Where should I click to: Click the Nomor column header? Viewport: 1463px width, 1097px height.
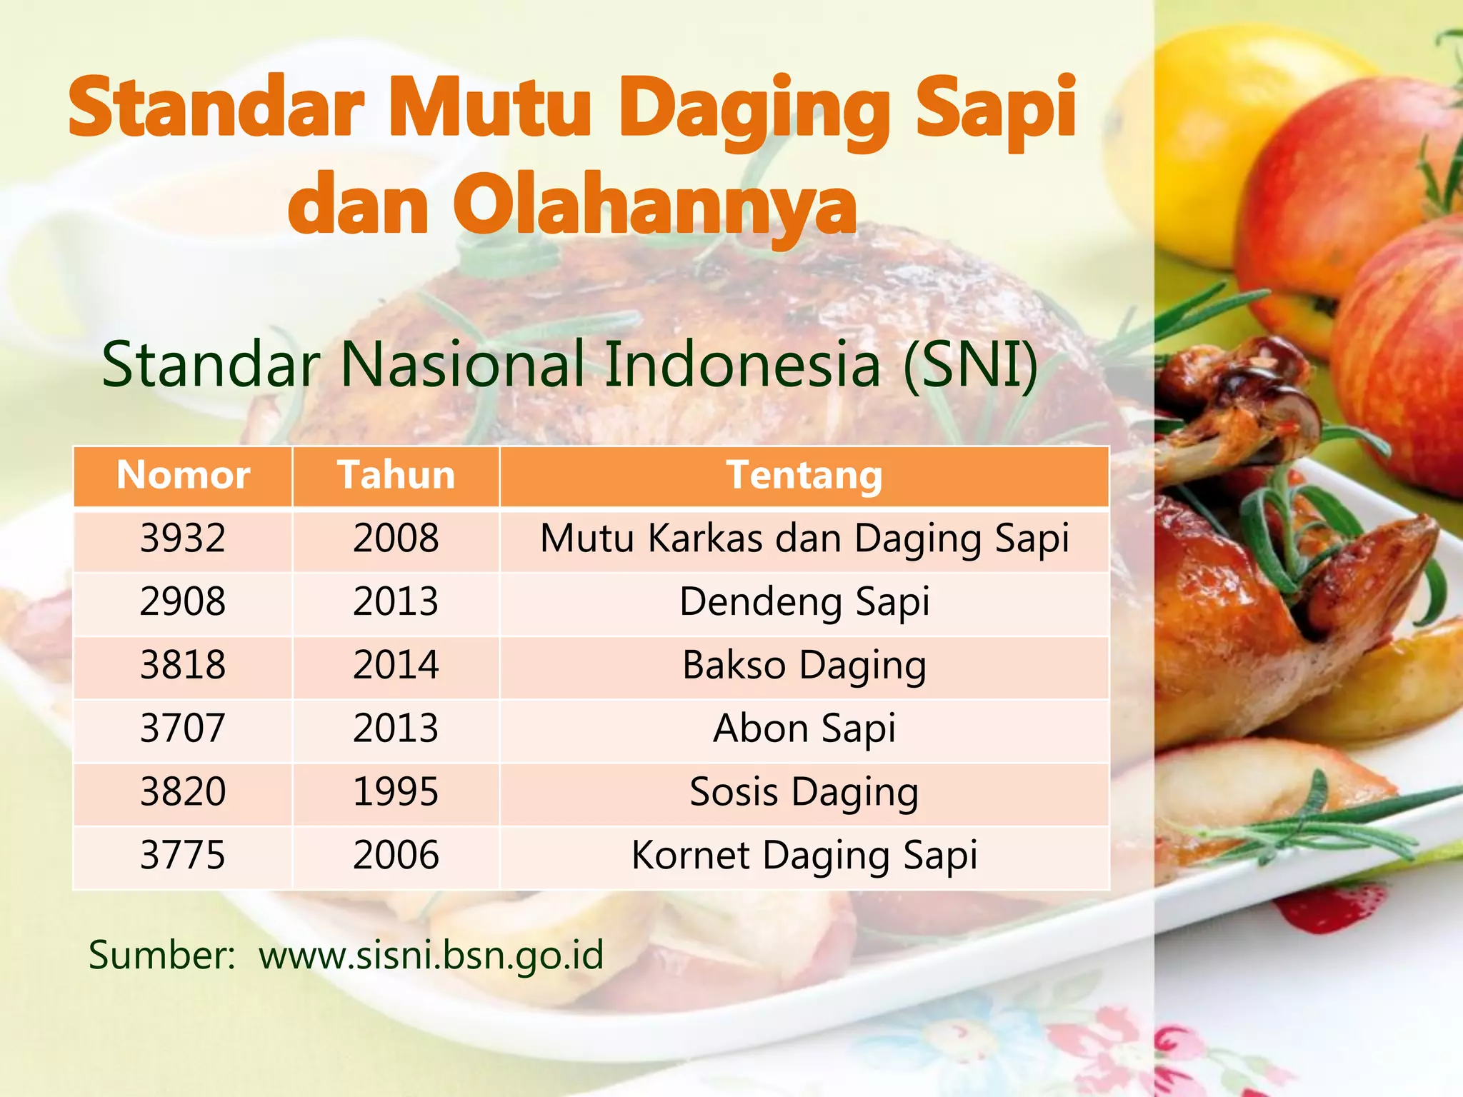[183, 476]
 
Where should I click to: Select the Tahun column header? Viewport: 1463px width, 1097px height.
[396, 476]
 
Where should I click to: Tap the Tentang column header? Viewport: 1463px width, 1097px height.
[804, 476]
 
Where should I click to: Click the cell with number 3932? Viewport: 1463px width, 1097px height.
[183, 539]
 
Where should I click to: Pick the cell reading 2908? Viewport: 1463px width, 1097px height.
[183, 601]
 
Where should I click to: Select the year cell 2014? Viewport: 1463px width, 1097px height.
[396, 665]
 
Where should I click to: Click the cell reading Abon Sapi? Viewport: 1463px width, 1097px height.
[804, 728]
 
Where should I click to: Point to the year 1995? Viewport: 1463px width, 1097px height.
[396, 792]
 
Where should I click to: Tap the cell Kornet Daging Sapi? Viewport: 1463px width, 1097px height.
[804, 856]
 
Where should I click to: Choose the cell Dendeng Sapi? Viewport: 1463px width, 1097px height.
[804, 601]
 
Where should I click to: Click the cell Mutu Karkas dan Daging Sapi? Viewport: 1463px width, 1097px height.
[804, 539]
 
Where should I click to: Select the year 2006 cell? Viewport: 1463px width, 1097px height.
[396, 856]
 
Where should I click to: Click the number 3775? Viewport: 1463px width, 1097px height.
[183, 856]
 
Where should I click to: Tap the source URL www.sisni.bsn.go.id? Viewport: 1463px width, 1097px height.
[431, 956]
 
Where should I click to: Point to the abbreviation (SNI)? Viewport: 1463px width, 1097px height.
[969, 365]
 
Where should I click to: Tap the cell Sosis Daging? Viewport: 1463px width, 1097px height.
[804, 792]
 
